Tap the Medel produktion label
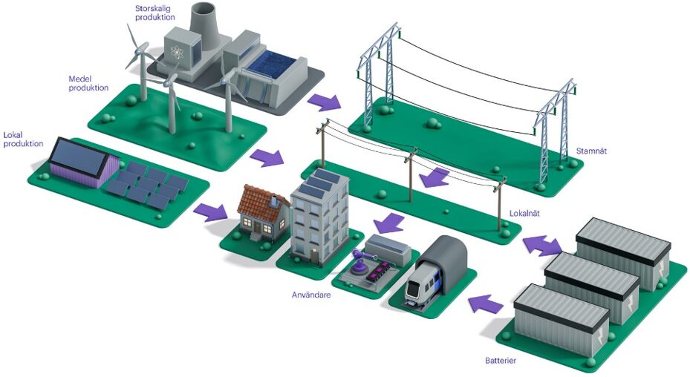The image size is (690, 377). point(88,83)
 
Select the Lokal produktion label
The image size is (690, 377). point(23,139)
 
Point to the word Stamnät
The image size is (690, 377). point(591,151)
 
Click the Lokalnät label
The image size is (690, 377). point(525,213)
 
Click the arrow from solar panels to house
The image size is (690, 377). point(212,212)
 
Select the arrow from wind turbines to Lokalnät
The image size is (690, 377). point(267,157)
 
